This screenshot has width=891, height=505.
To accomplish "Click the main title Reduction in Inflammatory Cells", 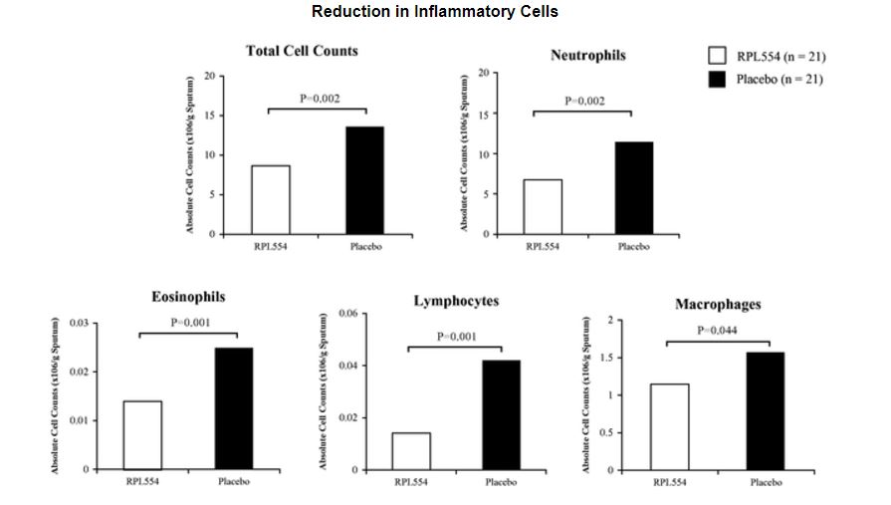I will click(x=435, y=12).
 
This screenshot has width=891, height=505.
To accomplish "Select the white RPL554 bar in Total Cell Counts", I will click(x=271, y=199).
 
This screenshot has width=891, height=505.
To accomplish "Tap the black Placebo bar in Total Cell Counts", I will click(x=364, y=180).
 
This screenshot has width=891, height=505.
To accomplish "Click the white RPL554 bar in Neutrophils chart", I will click(x=543, y=206).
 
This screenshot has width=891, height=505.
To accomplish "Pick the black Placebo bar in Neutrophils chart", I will click(x=633, y=187).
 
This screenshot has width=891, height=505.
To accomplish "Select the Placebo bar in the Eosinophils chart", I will click(x=234, y=408).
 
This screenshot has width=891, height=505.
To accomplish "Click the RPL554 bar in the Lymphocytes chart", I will click(x=411, y=450).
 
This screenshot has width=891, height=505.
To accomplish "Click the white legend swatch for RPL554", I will click(x=716, y=56).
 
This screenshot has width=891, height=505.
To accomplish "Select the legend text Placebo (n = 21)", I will click(x=780, y=79).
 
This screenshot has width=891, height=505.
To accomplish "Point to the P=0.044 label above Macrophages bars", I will click(x=717, y=330).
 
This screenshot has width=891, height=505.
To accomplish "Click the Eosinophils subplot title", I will click(x=188, y=297).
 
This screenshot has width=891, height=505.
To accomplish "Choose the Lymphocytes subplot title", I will click(x=456, y=301).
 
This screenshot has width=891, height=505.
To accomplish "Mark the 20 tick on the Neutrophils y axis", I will click(x=482, y=73).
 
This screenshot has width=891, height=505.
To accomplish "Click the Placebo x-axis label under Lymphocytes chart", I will click(x=502, y=483).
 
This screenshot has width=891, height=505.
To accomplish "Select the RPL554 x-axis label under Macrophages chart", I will click(x=669, y=483).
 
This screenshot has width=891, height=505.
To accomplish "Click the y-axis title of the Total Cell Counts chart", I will click(x=189, y=154).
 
